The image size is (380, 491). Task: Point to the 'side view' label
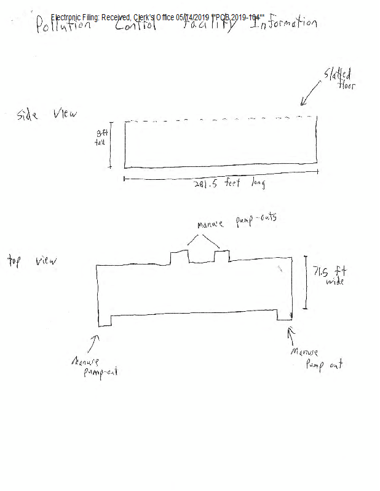point(47,115)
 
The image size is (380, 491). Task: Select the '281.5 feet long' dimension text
point(224,185)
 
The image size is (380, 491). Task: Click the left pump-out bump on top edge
point(180,256)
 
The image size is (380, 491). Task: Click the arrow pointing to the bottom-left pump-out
point(95,340)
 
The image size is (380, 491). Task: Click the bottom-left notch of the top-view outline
point(105,321)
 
